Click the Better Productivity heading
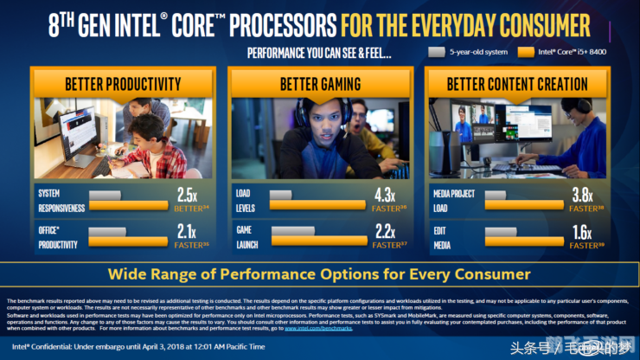tap(123, 84)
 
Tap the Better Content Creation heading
tap(517, 84)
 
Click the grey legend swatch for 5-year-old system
tap(437, 52)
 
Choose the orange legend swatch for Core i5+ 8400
tap(525, 52)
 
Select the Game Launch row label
tap(246, 237)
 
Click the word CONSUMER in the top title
tap(541, 24)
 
